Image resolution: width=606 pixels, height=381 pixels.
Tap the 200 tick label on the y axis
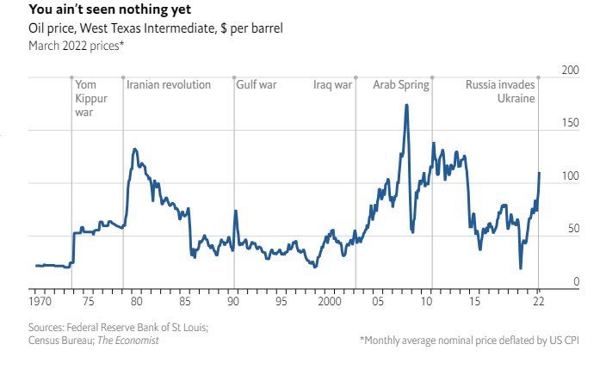point(569,70)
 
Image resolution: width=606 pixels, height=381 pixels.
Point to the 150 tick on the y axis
point(569,123)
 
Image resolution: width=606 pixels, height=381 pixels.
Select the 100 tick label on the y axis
point(569,176)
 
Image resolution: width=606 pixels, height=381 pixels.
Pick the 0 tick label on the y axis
point(575,282)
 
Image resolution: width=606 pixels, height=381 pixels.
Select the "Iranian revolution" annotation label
point(169,85)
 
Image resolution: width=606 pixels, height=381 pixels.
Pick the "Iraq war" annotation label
point(332,85)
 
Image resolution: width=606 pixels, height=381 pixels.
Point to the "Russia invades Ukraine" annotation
point(501,92)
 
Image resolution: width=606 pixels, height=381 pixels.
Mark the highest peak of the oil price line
point(405,106)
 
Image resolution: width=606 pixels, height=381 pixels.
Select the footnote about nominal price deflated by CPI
point(470,341)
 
